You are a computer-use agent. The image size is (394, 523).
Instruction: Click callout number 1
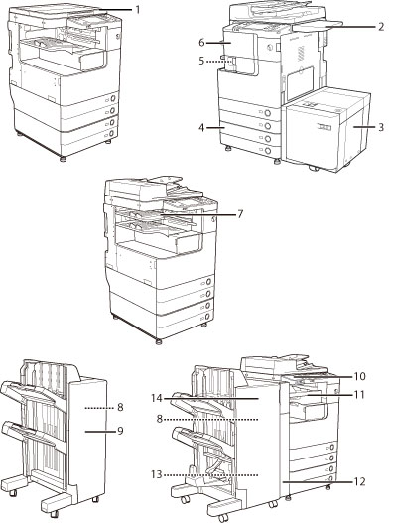137,9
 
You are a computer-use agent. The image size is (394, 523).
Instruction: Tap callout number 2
381,27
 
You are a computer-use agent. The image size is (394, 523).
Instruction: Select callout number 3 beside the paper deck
381,127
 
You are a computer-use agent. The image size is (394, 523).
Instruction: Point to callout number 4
201,127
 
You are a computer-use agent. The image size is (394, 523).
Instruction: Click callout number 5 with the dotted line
201,62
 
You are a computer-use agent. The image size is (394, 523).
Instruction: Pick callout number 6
201,43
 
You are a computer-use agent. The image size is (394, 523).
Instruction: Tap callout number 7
240,214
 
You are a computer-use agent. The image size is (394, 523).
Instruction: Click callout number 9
120,431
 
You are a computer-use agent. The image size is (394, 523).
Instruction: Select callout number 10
359,376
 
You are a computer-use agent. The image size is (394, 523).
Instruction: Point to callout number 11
359,395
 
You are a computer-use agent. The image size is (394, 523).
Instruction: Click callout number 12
359,481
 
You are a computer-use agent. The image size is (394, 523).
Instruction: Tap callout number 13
156,474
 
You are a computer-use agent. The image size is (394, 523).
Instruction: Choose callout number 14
156,398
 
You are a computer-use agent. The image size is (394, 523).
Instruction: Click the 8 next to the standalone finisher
120,407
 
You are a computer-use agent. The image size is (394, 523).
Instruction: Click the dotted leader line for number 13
210,474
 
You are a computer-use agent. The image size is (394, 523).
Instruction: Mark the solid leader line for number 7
197,214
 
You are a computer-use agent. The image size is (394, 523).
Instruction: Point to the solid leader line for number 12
318,482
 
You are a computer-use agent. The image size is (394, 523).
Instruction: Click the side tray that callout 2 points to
317,26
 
